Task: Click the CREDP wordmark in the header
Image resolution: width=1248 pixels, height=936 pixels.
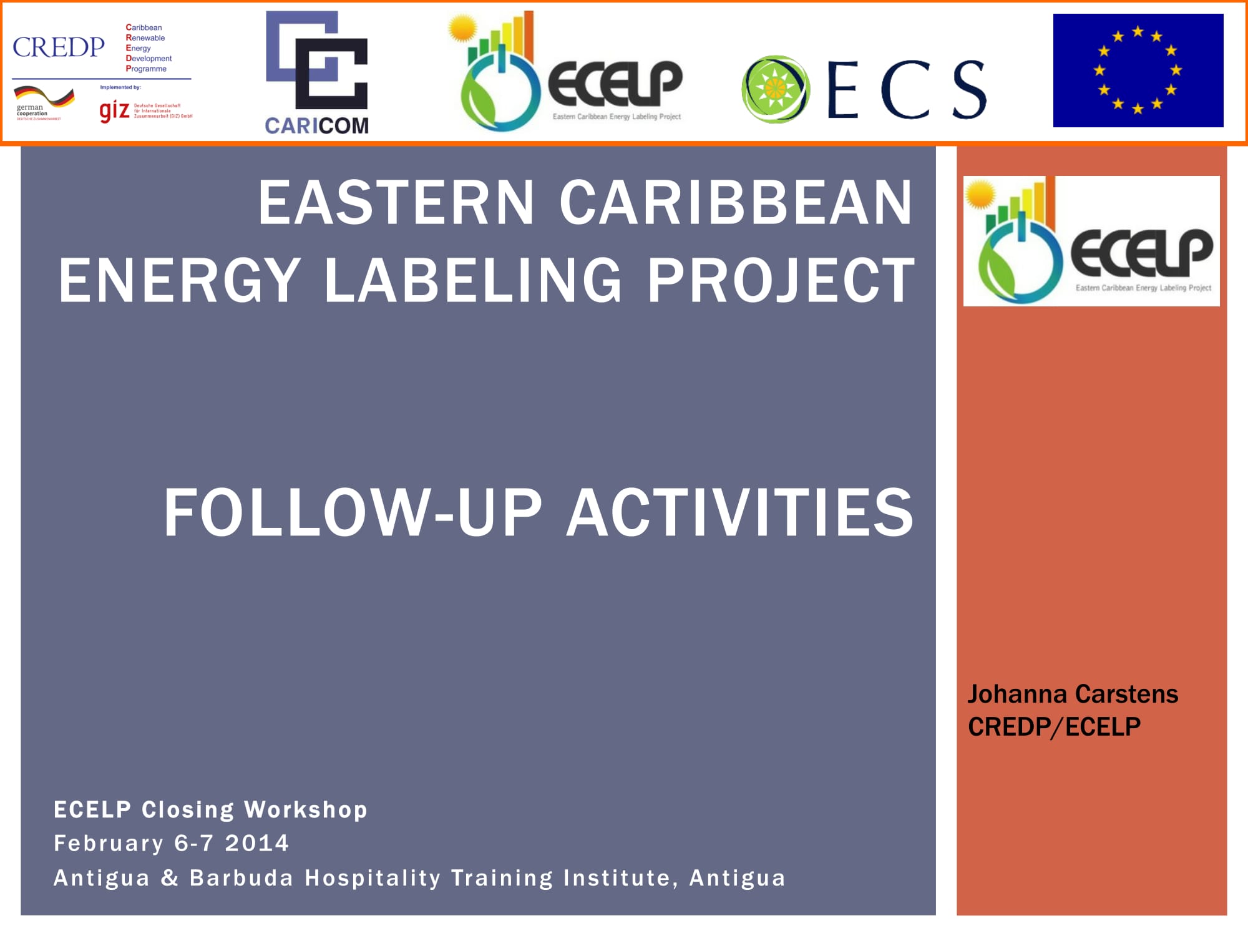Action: pos(59,47)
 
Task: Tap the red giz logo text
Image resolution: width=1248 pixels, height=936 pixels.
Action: pos(114,111)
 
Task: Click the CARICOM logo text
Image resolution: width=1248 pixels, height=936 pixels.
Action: pos(316,125)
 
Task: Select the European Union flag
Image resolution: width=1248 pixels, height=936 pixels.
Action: pos(1138,71)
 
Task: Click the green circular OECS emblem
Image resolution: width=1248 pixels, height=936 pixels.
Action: pos(775,89)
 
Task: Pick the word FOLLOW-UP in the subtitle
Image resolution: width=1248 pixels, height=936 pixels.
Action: pos(353,512)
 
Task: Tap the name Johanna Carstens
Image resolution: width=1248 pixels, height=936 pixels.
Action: pos(1073,694)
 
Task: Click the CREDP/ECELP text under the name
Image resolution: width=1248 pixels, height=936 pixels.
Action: pos(1054,727)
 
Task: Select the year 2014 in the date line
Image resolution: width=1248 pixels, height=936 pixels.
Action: pos(257,843)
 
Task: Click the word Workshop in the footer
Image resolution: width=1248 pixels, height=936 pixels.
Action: pos(306,809)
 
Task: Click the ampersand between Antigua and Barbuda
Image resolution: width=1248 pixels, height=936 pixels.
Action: pos(170,878)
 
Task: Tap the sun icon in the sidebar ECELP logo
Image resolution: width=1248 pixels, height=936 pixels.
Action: pos(980,195)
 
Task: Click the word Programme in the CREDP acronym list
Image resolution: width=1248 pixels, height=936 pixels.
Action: pos(147,69)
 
